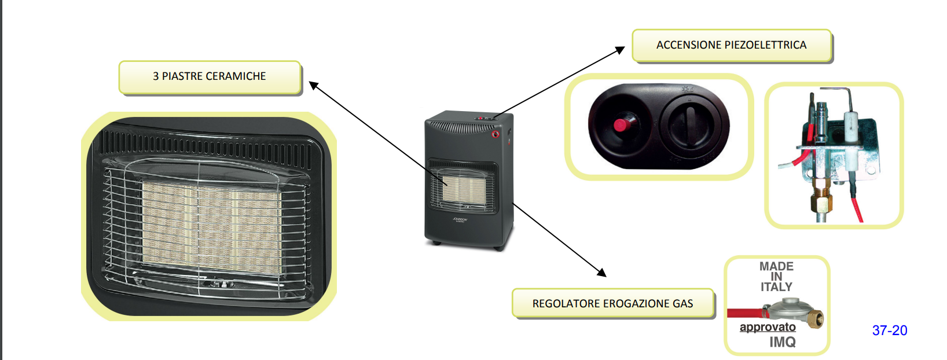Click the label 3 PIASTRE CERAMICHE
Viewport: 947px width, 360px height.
210,76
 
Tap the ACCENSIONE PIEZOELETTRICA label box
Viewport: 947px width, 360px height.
731,45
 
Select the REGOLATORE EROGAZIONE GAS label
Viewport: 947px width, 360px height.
612,303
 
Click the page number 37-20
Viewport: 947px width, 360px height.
890,330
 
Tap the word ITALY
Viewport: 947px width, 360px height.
776,287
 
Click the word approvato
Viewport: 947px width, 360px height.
768,327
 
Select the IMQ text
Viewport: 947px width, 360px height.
783,342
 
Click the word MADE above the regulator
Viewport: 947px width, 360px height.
776,266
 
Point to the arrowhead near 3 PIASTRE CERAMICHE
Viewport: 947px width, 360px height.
313,85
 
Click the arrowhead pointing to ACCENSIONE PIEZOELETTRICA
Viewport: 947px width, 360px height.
621,50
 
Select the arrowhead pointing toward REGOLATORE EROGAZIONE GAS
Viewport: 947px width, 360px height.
602,272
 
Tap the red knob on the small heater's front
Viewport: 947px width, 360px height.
495,134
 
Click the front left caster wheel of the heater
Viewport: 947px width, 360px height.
434,243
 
